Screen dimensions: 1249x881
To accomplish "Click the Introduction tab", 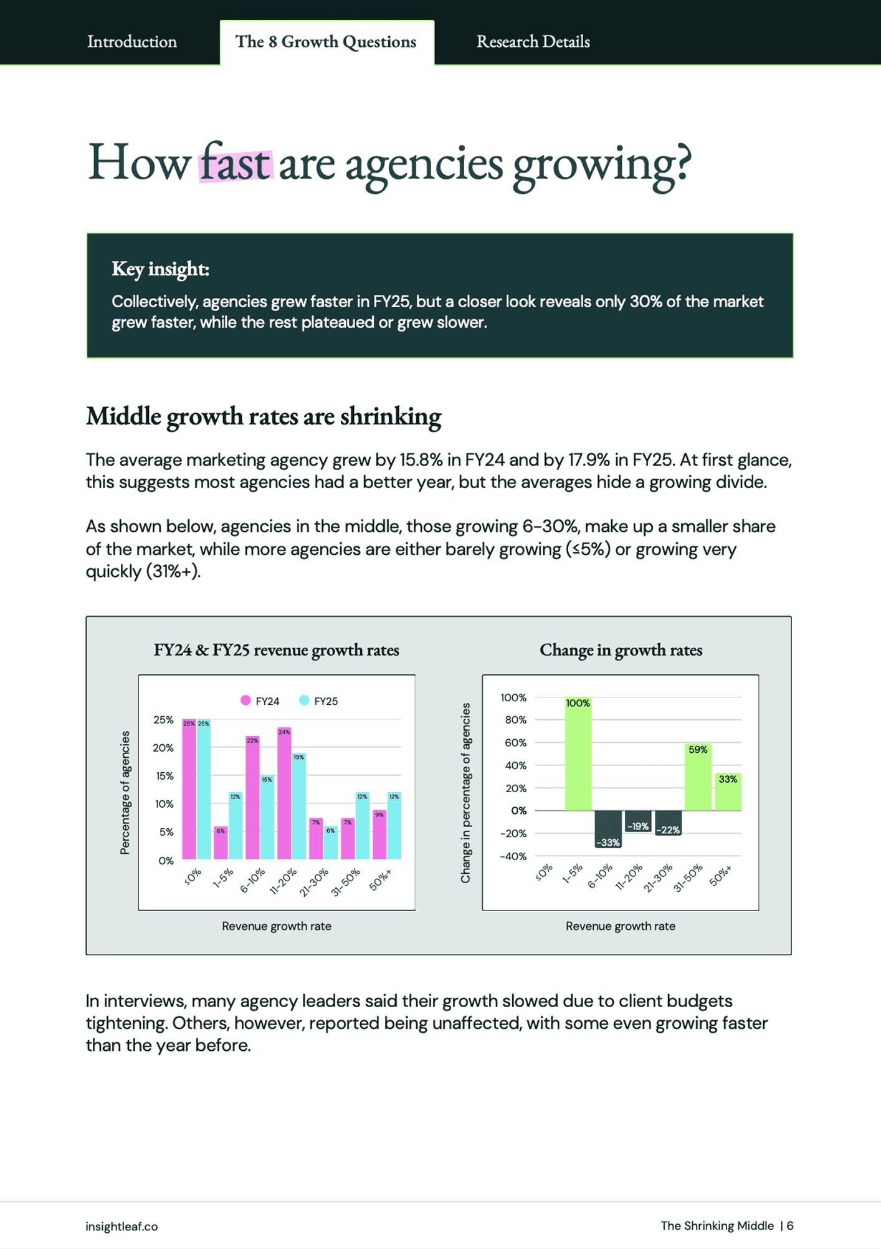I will point(131,42).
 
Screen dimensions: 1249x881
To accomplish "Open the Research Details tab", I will point(533,42).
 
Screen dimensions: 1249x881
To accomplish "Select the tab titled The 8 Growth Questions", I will point(326,42).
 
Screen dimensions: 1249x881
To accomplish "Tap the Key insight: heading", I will point(160,269).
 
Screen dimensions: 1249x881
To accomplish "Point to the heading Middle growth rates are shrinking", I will point(264,416).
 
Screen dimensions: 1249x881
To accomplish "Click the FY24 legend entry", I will point(260,701).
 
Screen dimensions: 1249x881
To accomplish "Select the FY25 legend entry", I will point(318,701).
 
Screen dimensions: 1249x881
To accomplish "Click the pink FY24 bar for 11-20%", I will point(284,795).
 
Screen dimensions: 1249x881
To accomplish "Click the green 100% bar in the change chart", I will point(578,754).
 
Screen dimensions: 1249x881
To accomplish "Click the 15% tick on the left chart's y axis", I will point(164,776).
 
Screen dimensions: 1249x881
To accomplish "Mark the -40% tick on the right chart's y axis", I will point(513,856).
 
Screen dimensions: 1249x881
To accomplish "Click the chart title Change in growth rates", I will point(621,650).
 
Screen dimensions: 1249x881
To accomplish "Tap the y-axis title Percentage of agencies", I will point(125,792).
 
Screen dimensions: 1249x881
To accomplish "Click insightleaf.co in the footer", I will point(121,1226).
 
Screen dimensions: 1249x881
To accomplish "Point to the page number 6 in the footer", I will point(790,1226).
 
